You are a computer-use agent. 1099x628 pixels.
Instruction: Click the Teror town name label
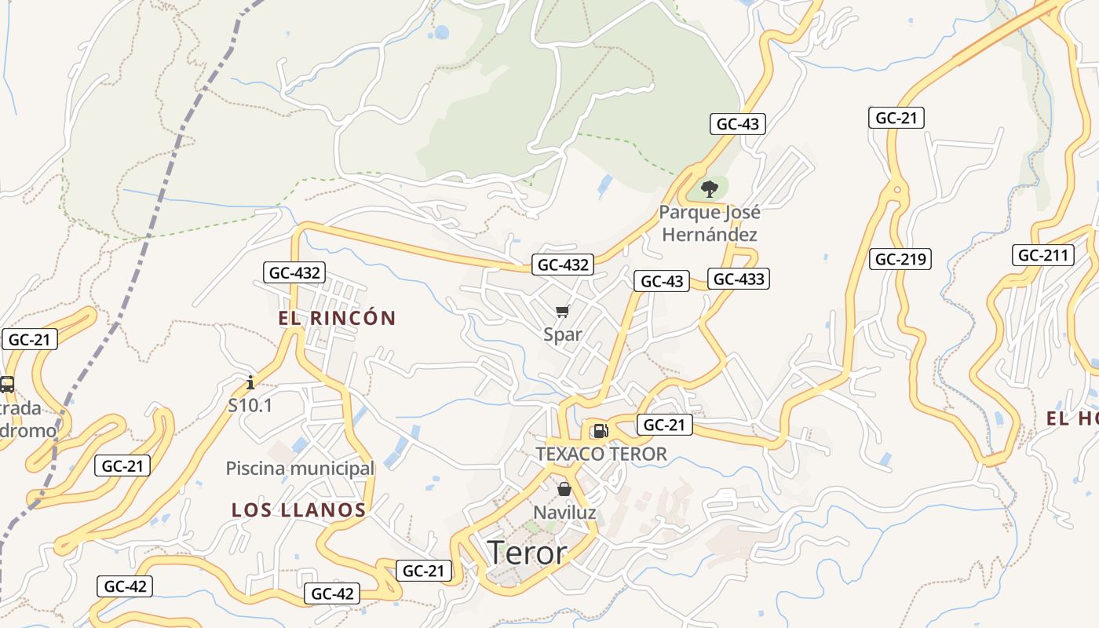coord(527,553)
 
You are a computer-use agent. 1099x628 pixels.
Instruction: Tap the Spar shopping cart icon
coord(562,312)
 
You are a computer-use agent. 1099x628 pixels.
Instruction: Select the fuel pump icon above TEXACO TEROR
coord(601,429)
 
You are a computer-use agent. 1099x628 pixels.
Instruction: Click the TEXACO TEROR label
coord(601,454)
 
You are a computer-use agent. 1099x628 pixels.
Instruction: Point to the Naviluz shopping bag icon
coord(564,489)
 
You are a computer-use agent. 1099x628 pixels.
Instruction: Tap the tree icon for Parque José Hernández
coord(709,188)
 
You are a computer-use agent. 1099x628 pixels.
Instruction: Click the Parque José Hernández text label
coord(710,223)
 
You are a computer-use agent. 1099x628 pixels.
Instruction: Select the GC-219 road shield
coord(900,259)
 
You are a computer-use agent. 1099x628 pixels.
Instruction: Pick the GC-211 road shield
coord(1042,255)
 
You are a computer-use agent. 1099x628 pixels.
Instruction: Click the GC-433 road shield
coord(738,279)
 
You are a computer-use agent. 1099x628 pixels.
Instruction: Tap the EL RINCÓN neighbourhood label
coord(337,318)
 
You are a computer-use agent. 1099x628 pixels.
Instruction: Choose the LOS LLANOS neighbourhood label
coord(299,510)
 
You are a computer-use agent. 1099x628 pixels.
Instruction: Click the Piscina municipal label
coord(300,469)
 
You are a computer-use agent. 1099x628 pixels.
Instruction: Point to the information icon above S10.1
coord(250,382)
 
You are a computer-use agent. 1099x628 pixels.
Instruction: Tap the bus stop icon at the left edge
coord(6,384)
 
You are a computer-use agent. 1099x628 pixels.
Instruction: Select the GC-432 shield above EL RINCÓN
coord(294,273)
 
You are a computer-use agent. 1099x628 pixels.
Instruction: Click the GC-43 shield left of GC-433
coord(662,281)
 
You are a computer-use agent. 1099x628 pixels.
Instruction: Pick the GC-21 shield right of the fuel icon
coord(664,425)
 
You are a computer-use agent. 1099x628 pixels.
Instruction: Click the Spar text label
coord(563,334)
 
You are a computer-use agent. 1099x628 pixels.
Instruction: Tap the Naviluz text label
coord(564,513)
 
